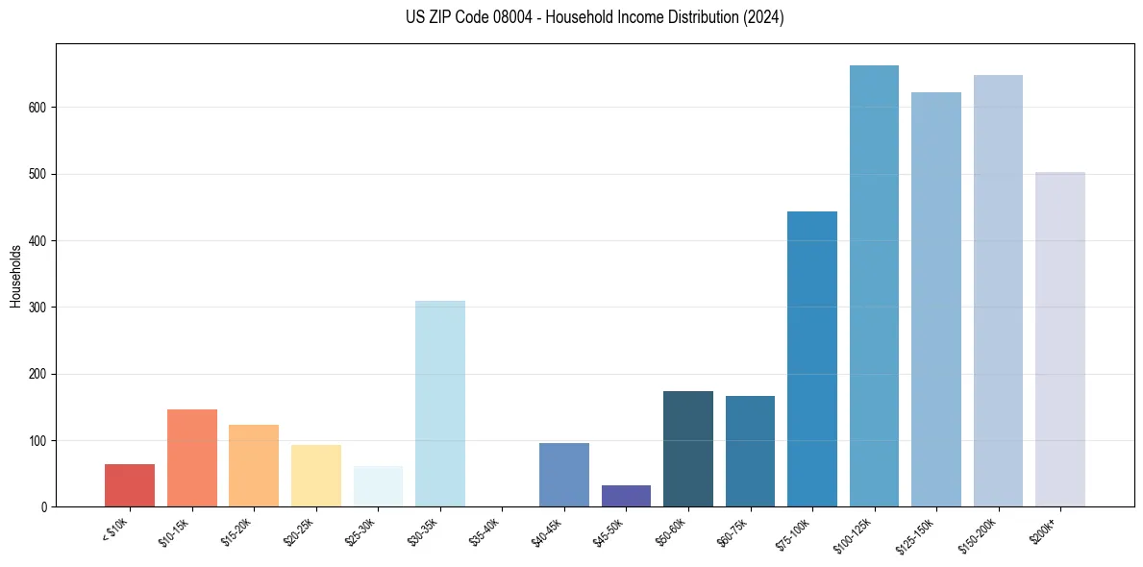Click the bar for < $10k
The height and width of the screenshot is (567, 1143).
[130, 485]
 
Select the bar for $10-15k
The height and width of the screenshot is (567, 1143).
[192, 458]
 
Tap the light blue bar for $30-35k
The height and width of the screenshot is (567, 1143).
[440, 404]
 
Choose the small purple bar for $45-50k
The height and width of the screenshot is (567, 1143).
[626, 496]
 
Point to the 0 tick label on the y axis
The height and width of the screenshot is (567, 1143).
[45, 507]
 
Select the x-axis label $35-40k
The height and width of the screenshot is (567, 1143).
[488, 531]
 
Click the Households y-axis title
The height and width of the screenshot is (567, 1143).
[15, 276]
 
